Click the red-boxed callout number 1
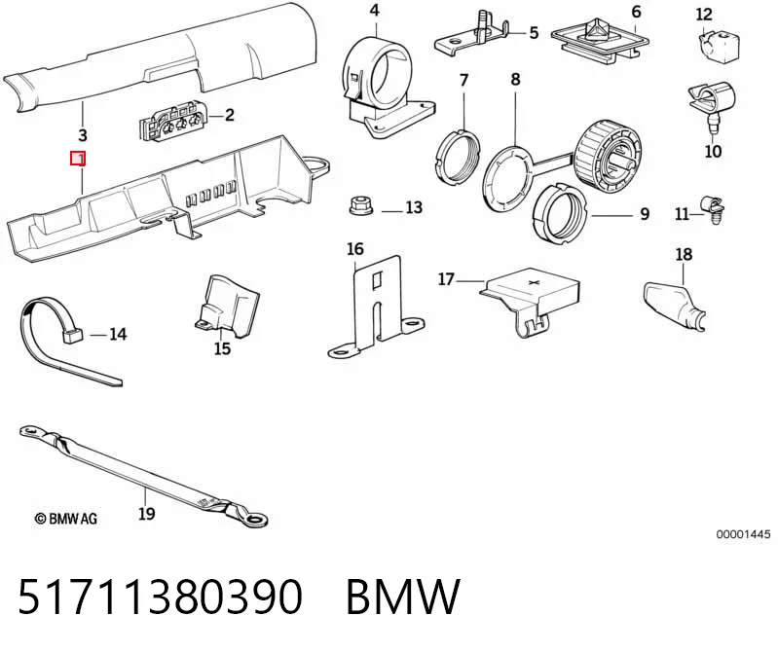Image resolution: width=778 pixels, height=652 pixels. [x=78, y=159]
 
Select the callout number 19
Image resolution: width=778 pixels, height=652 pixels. [x=146, y=513]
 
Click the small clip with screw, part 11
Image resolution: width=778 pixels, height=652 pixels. [x=713, y=210]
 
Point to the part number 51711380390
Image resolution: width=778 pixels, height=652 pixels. [x=160, y=596]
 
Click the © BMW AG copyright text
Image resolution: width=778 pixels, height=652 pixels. [x=66, y=519]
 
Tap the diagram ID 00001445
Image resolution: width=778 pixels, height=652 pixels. [x=743, y=534]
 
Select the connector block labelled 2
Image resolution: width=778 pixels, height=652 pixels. [x=171, y=123]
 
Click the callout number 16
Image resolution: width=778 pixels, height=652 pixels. [x=355, y=249]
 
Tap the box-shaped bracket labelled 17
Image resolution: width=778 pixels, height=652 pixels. [x=531, y=300]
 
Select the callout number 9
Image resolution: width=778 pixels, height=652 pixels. [x=645, y=214]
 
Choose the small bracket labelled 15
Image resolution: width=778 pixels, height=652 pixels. [x=227, y=308]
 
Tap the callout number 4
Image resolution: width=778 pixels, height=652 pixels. [x=375, y=10]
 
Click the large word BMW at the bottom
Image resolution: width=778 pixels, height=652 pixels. [x=403, y=597]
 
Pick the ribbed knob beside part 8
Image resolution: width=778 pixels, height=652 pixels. [x=608, y=156]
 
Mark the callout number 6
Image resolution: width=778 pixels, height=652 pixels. [x=637, y=12]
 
